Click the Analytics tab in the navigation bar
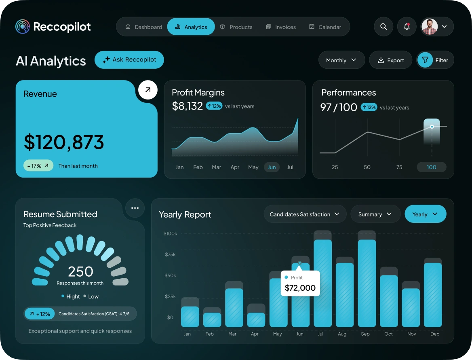pos(191,27)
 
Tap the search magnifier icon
pos(383,27)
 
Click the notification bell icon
pos(407,27)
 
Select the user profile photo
pos(430,27)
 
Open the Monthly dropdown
pos(341,60)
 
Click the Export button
pos(390,60)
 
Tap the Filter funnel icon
pos(425,60)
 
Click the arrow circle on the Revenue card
pos(148,90)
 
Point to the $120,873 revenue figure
pos(64,142)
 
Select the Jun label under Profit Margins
pos(272,167)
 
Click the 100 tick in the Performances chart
pos(432,167)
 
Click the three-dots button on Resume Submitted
pos(135,208)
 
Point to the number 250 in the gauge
pos(80,271)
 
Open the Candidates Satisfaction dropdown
pos(305,214)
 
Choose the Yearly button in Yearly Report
pos(425,214)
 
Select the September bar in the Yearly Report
pos(367,283)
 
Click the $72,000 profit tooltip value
pos(300,288)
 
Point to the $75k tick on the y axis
pos(170,254)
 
